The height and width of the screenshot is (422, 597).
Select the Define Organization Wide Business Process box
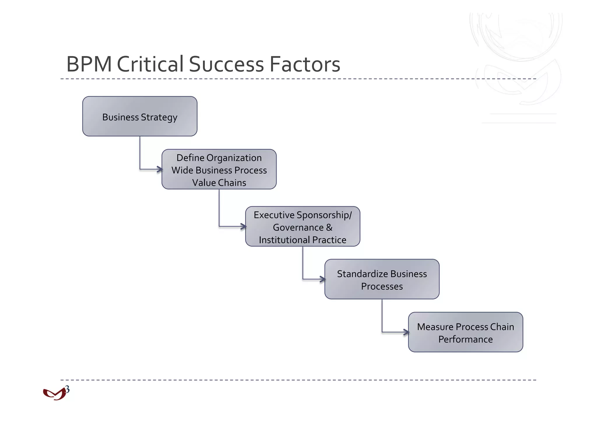pyautogui.click(x=219, y=169)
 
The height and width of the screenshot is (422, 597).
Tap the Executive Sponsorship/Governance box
pyautogui.click(x=303, y=226)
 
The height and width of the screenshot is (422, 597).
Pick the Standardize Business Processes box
pyautogui.click(x=382, y=279)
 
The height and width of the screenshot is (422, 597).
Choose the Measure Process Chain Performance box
pyautogui.click(x=466, y=332)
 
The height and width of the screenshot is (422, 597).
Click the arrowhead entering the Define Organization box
pyautogui.click(x=160, y=169)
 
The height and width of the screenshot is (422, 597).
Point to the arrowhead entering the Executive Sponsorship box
pyautogui.click(x=243, y=226)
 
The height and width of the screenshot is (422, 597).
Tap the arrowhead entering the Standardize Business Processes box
pyautogui.click(x=323, y=279)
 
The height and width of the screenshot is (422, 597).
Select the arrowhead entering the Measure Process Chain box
pyautogui.click(x=406, y=332)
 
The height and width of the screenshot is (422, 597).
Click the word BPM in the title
pyautogui.click(x=89, y=64)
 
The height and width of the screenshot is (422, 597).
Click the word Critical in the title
pyautogui.click(x=150, y=64)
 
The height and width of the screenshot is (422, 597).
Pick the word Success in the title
pyautogui.click(x=226, y=64)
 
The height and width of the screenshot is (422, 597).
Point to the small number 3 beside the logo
pyautogui.click(x=67, y=389)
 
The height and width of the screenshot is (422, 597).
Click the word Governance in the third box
pyautogui.click(x=298, y=227)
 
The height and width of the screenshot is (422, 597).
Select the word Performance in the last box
pyautogui.click(x=466, y=339)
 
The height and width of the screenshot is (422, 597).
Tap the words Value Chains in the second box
pyautogui.click(x=219, y=183)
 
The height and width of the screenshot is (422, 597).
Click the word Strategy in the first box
pyautogui.click(x=159, y=118)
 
